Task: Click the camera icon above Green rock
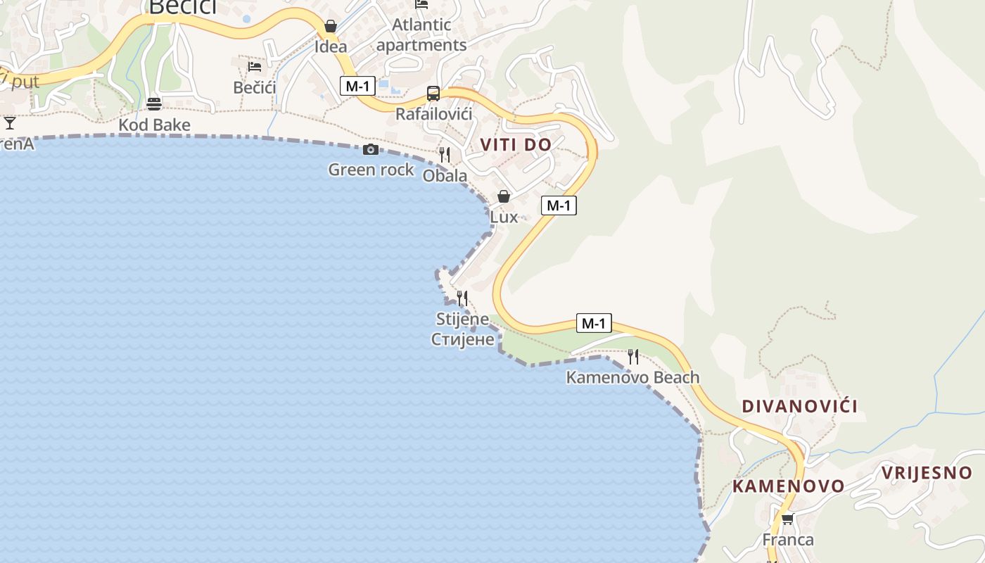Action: coord(371,149)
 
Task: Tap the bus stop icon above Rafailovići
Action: coord(433,94)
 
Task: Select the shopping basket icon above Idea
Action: coord(331,27)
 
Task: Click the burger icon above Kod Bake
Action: coord(154,104)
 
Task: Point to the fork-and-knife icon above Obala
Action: coord(445,154)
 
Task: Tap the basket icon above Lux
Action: coord(504,196)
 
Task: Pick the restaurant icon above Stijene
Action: coord(462,298)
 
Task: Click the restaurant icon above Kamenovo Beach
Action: coord(633,356)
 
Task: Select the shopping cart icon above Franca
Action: coord(787,519)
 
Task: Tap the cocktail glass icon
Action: coord(10,123)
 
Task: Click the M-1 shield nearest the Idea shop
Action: coord(357,86)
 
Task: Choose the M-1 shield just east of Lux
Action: coord(559,205)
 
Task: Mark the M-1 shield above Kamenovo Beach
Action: coord(594,323)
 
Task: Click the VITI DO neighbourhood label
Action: coord(516,145)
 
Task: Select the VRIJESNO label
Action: coord(927,473)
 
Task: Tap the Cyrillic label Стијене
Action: coord(463,339)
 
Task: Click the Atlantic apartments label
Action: coord(421,34)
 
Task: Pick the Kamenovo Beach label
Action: coord(633,377)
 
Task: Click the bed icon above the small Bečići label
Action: coord(255,67)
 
